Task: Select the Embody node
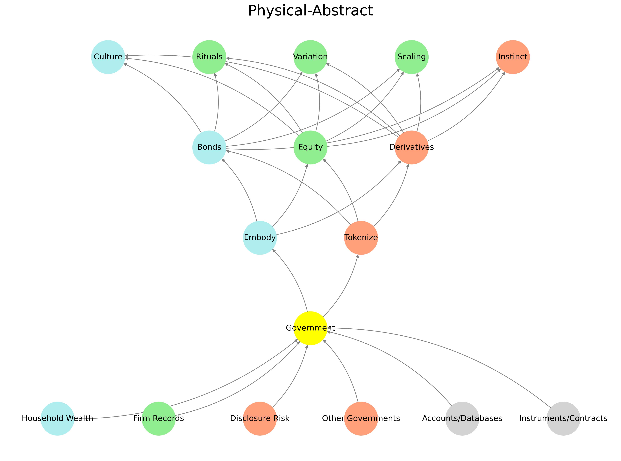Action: (x=260, y=237)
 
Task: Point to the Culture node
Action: (x=108, y=57)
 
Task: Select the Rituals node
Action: (x=209, y=57)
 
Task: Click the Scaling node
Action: (x=411, y=57)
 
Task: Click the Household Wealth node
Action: (x=57, y=418)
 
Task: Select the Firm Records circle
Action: (x=158, y=418)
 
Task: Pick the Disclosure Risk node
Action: (x=260, y=418)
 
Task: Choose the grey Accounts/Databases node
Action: (x=462, y=418)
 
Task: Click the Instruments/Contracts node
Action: (x=563, y=418)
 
